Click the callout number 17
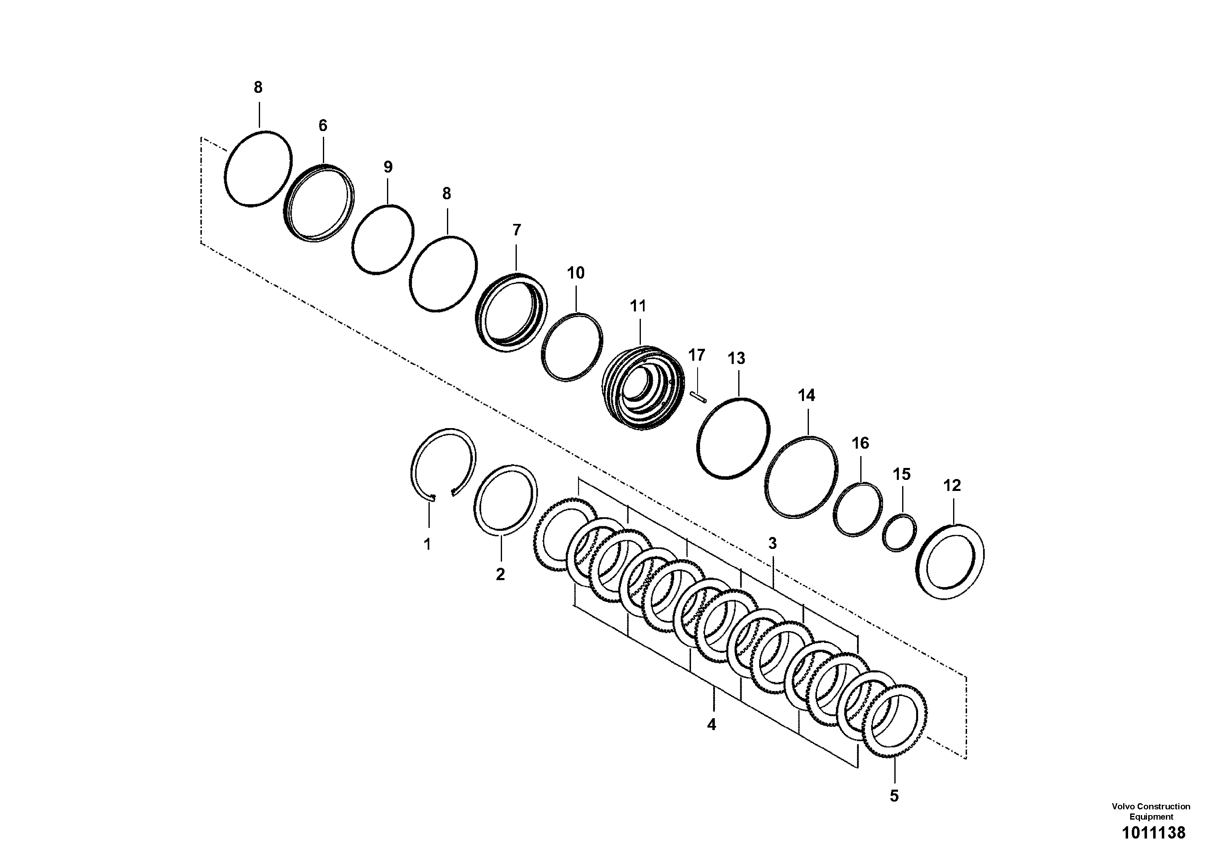click(x=696, y=355)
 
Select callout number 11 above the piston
click(x=638, y=306)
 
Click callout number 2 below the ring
click(x=500, y=575)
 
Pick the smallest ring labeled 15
click(x=899, y=533)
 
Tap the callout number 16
click(x=860, y=443)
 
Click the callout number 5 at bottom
click(x=894, y=796)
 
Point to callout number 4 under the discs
click(x=711, y=724)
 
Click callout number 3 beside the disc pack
click(x=772, y=543)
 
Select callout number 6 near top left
click(x=323, y=126)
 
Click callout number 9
click(x=388, y=167)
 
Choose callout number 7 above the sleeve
click(x=516, y=230)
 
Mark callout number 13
click(x=736, y=359)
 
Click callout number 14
click(x=806, y=396)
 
